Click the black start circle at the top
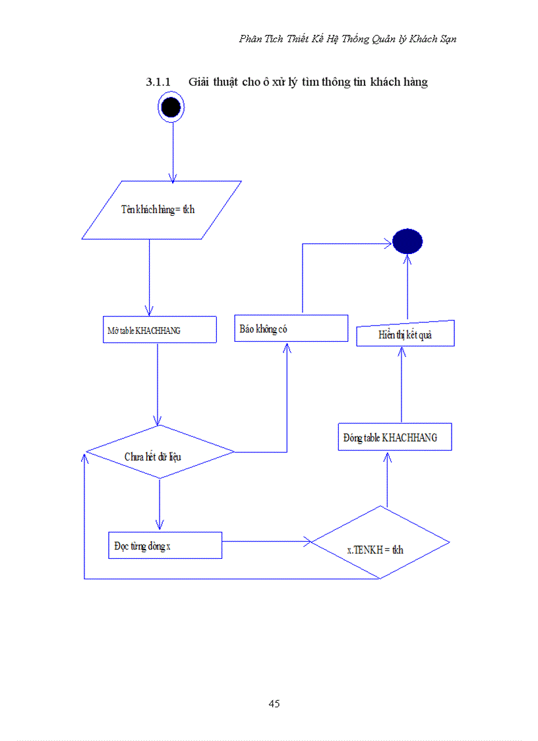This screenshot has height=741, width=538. pyautogui.click(x=171, y=106)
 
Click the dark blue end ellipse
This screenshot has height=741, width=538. pyautogui.click(x=407, y=242)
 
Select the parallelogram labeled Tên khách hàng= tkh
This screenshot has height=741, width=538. pyautogui.click(x=161, y=210)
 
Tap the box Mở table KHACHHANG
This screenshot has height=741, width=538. pyautogui.click(x=160, y=330)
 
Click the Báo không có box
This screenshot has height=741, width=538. pyautogui.click(x=291, y=328)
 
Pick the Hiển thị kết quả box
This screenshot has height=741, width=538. pyautogui.click(x=405, y=334)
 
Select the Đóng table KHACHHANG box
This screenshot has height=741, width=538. pyautogui.click(x=394, y=437)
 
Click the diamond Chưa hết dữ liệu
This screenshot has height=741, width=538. pyautogui.click(x=160, y=453)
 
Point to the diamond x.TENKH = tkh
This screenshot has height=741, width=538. pyautogui.click(x=380, y=543)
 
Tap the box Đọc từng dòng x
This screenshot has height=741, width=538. pyautogui.click(x=164, y=545)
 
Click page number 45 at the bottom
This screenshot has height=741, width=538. pyautogui.click(x=274, y=703)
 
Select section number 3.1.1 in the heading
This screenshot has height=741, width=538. pyautogui.click(x=158, y=82)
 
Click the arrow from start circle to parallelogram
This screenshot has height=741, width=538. pyautogui.click(x=173, y=152)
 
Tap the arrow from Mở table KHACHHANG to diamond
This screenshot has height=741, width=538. pyautogui.click(x=157, y=383)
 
